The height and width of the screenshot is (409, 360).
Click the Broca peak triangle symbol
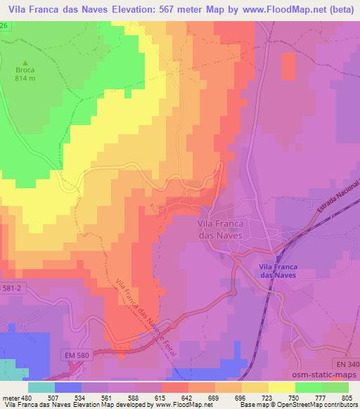point(25,62)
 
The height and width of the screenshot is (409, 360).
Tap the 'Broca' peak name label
point(25,70)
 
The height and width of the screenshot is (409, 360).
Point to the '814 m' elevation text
point(25,79)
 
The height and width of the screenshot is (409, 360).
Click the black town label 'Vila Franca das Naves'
point(217,231)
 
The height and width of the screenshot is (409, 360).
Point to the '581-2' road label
point(12,287)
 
